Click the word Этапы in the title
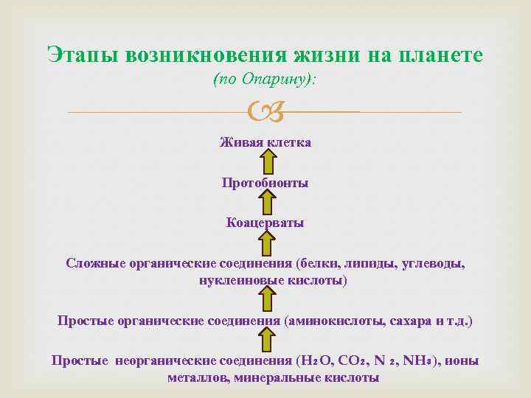tap(83, 55)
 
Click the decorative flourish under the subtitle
tap(265, 113)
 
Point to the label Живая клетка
tap(265, 142)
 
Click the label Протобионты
tap(265, 182)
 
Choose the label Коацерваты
tap(265, 223)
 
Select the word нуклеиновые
tap(237, 281)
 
